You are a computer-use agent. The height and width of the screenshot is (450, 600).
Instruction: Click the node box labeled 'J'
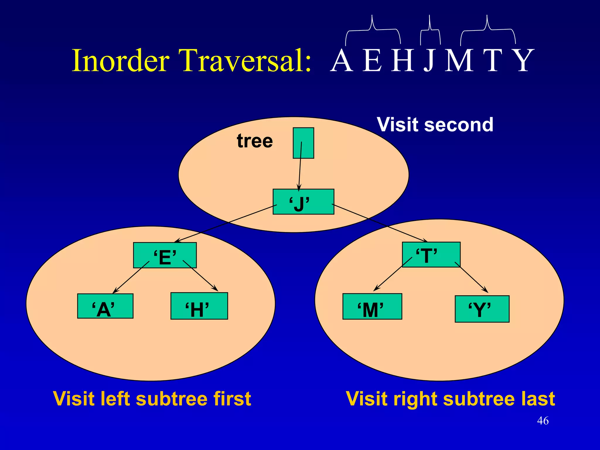(303, 202)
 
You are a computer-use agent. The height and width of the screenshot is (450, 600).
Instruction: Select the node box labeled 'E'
(165, 255)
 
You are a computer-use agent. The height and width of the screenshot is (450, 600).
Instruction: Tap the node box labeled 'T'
(431, 254)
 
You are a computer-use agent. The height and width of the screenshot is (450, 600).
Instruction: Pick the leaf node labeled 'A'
(105, 306)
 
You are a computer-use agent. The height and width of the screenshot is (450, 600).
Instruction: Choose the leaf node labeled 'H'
(199, 306)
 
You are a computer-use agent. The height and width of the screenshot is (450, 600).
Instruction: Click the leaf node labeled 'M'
(372, 306)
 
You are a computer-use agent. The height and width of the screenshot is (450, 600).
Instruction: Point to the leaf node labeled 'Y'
(482, 309)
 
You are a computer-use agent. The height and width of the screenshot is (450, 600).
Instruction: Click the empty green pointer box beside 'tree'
(304, 143)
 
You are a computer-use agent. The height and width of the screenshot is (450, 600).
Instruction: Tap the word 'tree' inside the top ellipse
(255, 141)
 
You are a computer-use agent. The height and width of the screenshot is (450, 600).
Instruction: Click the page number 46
(543, 421)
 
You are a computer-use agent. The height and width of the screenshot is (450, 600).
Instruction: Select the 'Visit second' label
(435, 125)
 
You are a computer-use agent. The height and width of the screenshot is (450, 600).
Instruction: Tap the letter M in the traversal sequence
(459, 60)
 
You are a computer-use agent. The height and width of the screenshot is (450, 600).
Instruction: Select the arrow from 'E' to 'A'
(131, 277)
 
